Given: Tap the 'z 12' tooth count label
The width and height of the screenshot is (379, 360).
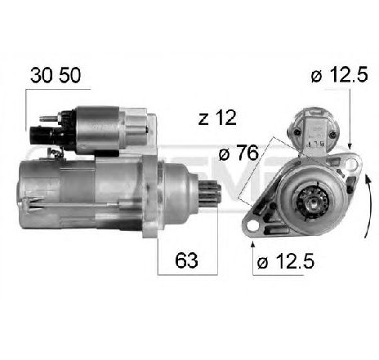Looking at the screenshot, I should [x=216, y=118].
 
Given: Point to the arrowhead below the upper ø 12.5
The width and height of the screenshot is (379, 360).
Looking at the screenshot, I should [x=350, y=142].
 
